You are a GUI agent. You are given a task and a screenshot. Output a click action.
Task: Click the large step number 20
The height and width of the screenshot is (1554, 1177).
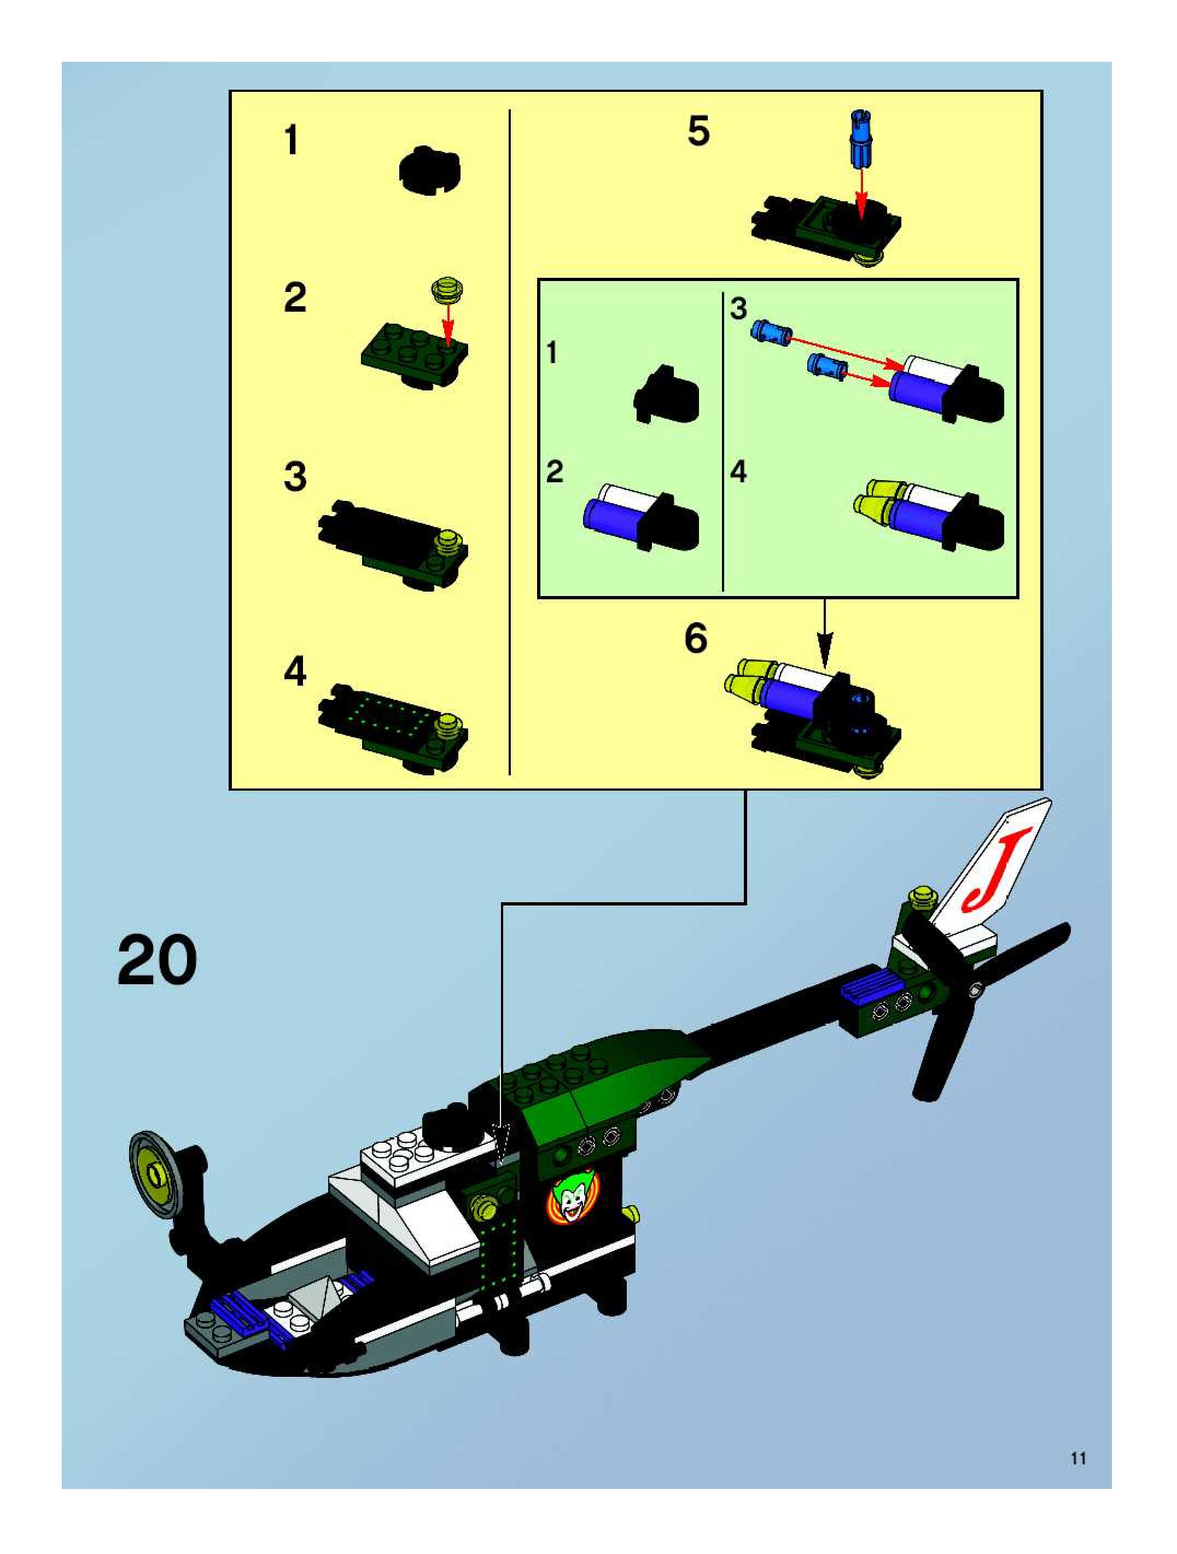coord(157,960)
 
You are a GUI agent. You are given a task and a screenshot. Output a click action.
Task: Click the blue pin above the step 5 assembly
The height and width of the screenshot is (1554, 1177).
coord(861,138)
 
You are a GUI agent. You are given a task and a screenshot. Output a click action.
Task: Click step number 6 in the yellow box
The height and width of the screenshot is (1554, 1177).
coord(696,638)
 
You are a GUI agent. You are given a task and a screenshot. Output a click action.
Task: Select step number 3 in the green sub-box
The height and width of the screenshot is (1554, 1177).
coord(738,308)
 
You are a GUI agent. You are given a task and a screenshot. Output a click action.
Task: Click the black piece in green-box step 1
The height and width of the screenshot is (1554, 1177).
coord(668,394)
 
